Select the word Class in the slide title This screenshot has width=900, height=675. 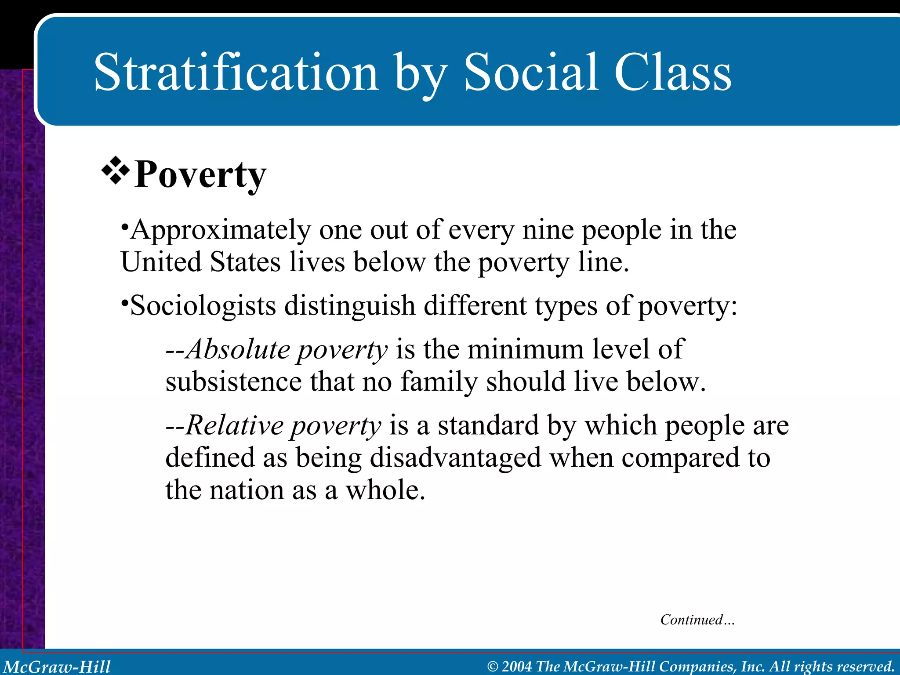672,73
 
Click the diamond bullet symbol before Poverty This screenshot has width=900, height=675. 116,170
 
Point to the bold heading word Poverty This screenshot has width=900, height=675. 200,175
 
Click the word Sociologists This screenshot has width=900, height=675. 203,306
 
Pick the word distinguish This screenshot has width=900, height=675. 350,306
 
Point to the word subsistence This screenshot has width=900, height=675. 233,381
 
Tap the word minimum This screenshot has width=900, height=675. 526,349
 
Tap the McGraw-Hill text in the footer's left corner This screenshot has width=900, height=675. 57,667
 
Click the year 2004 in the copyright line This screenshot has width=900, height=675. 517,666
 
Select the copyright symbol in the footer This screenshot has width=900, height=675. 493,667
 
